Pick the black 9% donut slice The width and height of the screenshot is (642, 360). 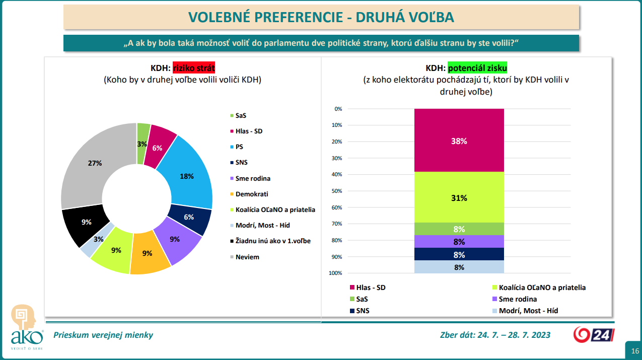click(85, 224)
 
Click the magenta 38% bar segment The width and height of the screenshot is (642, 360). click(459, 140)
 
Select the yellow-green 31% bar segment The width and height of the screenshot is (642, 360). click(459, 197)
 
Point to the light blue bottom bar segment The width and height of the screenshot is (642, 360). click(459, 267)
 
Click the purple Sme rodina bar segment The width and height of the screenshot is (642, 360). click(459, 242)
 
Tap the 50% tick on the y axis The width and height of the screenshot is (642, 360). click(337, 191)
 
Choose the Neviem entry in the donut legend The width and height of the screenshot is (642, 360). click(247, 257)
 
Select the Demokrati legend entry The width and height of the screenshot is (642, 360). click(252, 194)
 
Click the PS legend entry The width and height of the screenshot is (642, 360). click(239, 147)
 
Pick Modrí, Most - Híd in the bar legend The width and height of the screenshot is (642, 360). click(528, 311)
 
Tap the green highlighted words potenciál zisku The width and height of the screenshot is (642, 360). click(477, 68)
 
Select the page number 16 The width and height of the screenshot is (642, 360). click(634, 351)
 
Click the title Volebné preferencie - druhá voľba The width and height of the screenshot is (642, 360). click(321, 18)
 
